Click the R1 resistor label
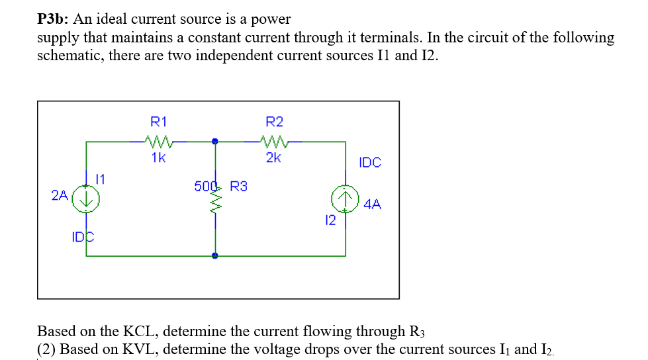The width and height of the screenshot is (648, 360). point(159,122)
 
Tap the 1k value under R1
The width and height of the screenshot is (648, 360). point(158,157)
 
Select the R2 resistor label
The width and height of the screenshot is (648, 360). point(274,122)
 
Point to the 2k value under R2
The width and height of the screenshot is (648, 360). point(273,157)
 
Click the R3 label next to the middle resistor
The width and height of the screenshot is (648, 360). point(238,187)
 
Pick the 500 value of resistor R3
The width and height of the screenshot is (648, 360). point(205,187)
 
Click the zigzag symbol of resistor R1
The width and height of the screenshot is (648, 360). point(159,140)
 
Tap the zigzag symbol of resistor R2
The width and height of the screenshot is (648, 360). point(273,140)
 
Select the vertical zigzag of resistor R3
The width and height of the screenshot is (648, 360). point(214,206)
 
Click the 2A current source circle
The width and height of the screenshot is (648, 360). point(86,199)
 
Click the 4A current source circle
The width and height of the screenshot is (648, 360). point(346,198)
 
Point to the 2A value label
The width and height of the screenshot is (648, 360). point(60,195)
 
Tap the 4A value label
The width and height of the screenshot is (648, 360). point(373,204)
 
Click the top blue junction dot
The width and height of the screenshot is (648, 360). point(214,141)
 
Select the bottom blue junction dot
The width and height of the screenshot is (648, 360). point(214,255)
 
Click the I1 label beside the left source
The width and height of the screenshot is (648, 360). point(101,178)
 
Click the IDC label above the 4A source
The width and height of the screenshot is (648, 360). point(370,162)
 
